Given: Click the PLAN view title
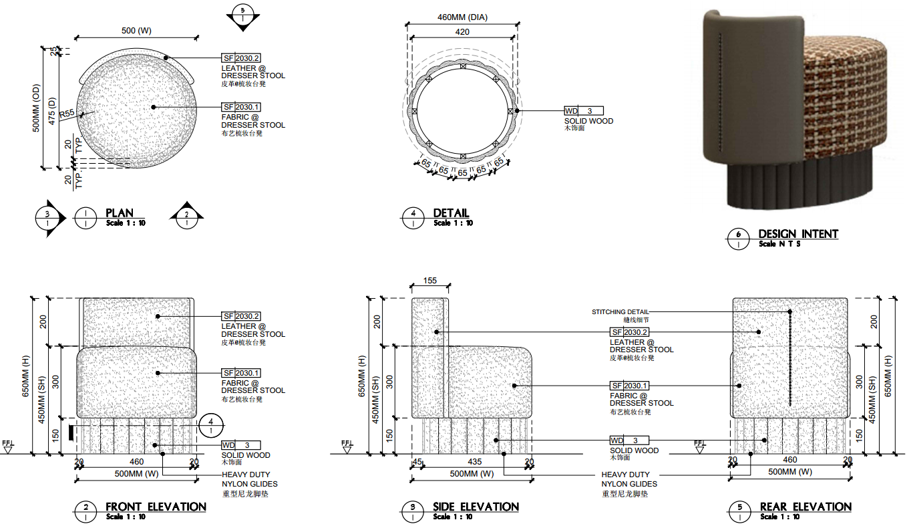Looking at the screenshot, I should (x=120, y=213).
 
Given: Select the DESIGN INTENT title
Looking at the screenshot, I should (x=797, y=234).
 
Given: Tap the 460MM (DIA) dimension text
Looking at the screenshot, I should (x=462, y=17).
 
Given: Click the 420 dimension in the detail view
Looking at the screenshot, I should (x=462, y=31).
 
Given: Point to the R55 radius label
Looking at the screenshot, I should (x=67, y=115).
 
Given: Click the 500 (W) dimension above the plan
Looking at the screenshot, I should (x=136, y=31).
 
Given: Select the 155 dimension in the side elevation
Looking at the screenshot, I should (x=429, y=281).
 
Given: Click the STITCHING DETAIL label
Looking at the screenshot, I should (x=620, y=311).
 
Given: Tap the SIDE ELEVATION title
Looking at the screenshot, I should (x=476, y=507).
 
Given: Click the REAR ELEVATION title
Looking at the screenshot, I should (x=805, y=507).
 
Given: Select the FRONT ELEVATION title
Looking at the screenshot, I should (x=156, y=507).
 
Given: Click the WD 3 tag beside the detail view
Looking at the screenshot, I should (x=584, y=111).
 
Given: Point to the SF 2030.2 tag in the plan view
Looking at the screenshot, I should (x=240, y=58).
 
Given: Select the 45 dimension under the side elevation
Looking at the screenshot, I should (x=417, y=461).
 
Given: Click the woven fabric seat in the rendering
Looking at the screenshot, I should (x=848, y=100).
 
